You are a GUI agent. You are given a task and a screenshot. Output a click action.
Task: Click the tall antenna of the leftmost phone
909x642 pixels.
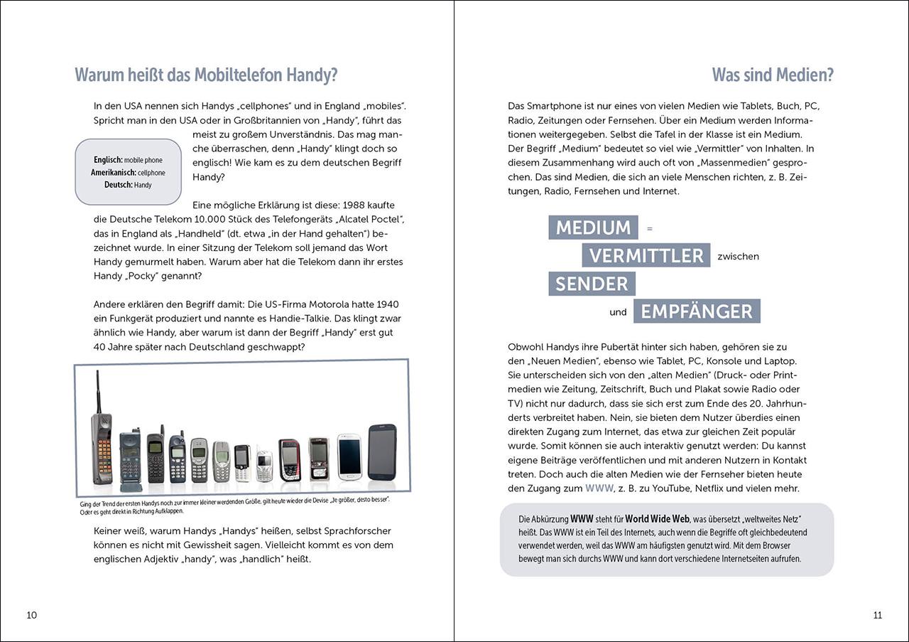[x=97, y=391]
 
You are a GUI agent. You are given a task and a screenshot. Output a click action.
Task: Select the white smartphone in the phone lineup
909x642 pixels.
[x=349, y=455]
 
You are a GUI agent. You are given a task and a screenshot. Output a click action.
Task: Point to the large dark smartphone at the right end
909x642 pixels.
[x=382, y=452]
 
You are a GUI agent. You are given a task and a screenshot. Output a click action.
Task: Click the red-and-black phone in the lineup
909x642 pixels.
[x=289, y=459]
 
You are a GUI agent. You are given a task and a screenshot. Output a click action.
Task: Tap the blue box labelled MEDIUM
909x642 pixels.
[x=593, y=228]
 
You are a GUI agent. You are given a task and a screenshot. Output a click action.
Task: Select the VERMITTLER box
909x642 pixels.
[x=646, y=255]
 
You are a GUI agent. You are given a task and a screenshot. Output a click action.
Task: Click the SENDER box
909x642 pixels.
[x=592, y=284]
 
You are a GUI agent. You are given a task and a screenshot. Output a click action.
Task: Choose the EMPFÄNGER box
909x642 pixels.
[x=697, y=311]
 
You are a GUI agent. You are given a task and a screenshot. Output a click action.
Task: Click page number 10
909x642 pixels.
[x=31, y=615]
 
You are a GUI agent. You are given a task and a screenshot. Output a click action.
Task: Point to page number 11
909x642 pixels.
[x=877, y=615]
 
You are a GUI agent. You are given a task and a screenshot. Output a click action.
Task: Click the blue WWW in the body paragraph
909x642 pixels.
[x=599, y=488]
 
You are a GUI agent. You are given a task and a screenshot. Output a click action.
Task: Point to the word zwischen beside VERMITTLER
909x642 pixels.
[x=738, y=256]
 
